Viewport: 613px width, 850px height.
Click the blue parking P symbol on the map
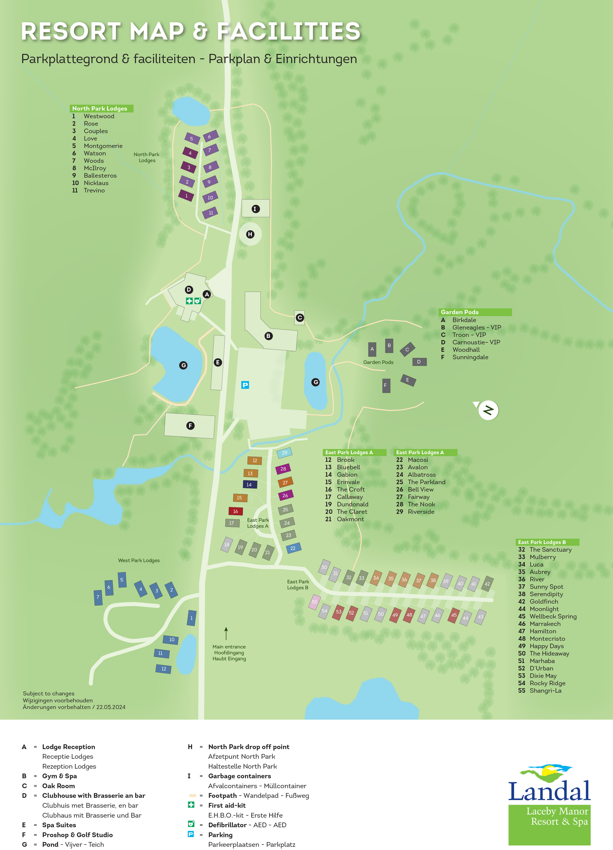point(245,385)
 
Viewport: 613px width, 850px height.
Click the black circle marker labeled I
point(255,209)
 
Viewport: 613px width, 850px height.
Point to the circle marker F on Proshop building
point(190,425)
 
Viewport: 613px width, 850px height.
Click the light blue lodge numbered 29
point(285,453)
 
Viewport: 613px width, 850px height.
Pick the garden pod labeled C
point(407,349)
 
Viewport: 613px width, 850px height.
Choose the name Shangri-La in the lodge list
point(545,690)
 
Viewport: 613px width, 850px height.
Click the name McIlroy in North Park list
point(95,168)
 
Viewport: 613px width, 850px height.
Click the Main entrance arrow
point(226,633)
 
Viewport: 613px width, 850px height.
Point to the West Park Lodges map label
point(139,560)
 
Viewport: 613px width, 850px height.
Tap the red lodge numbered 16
point(236,511)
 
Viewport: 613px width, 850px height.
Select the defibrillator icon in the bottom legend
point(191,824)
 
